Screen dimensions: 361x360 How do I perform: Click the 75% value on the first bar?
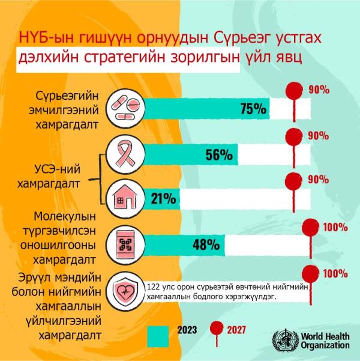pyautogui.click(x=253, y=109)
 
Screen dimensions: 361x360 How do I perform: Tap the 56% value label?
pyautogui.click(x=218, y=154)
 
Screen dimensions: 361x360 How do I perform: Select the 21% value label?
pyautogui.click(x=163, y=198)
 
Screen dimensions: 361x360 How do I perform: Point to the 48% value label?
pyautogui.click(x=206, y=244)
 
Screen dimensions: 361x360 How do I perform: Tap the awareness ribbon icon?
pyautogui.click(x=127, y=154)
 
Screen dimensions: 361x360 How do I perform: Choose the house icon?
pyautogui.click(x=127, y=198)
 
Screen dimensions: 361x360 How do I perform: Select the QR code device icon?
pyautogui.click(x=127, y=244)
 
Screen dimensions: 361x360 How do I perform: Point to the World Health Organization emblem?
pyautogui.click(x=284, y=341)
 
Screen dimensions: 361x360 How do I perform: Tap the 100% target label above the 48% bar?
pyautogui.click(x=335, y=228)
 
